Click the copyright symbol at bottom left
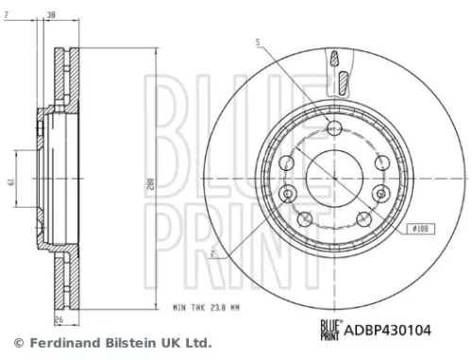(x=16, y=343)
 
